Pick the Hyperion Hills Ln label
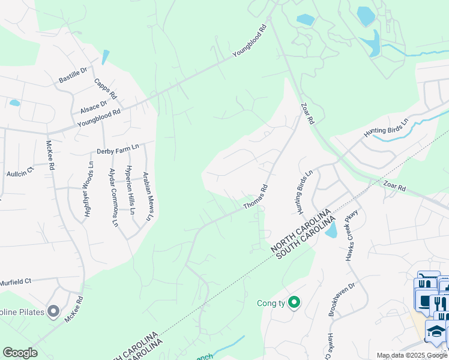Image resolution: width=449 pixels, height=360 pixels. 129,190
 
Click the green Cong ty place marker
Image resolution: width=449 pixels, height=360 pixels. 294,302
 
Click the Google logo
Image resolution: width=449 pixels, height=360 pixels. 20,353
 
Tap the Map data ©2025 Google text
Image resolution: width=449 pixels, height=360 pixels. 412,355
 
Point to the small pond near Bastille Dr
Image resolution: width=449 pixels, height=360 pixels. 106,58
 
